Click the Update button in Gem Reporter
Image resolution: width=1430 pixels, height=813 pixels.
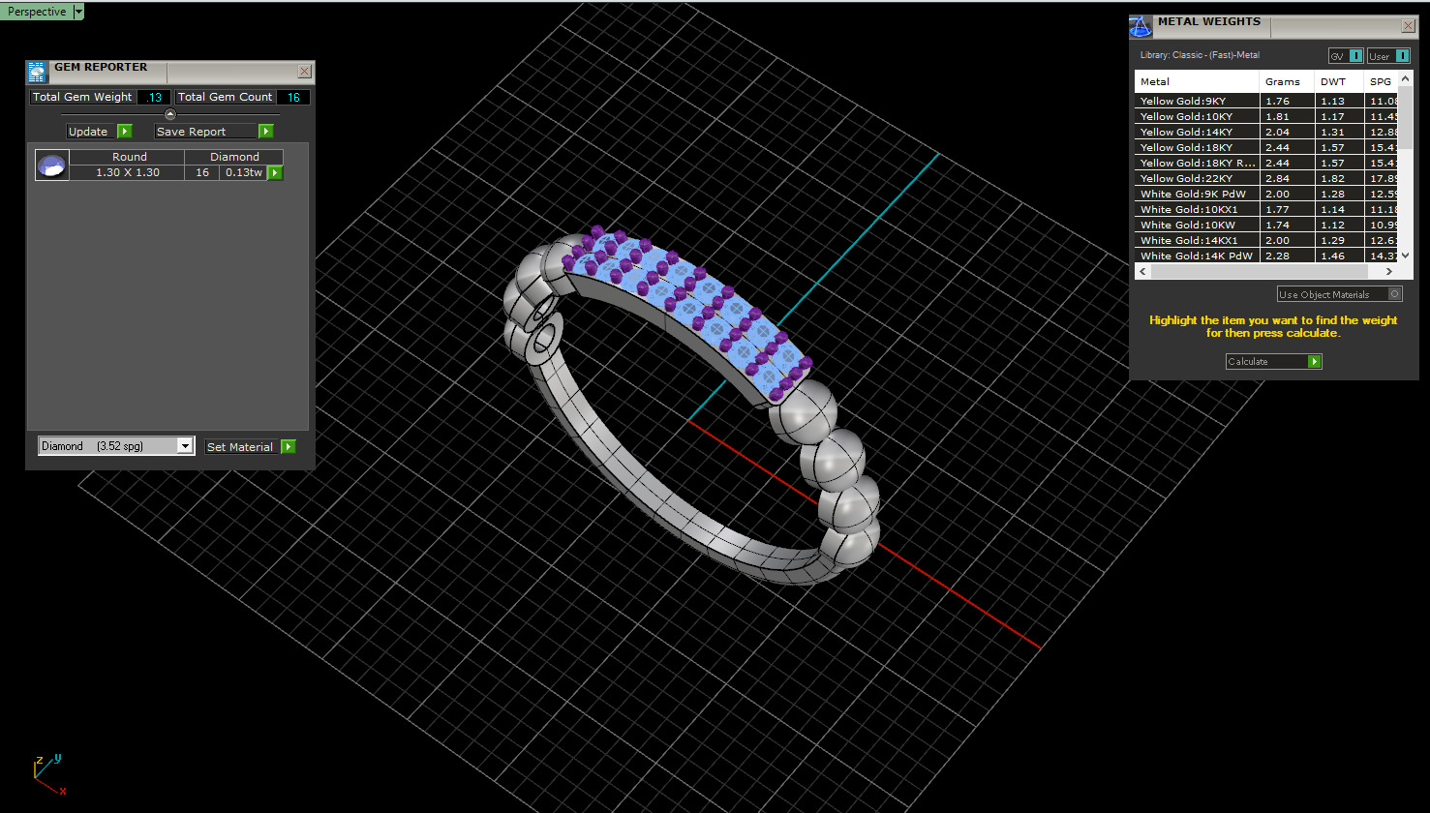[98, 132]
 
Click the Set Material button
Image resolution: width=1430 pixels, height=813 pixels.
[250, 447]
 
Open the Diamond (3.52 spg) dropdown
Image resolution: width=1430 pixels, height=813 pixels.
[185, 446]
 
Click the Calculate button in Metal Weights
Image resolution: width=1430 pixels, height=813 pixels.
[1273, 361]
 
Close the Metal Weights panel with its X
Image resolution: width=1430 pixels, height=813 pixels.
[1408, 26]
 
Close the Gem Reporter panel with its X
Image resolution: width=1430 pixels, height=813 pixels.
[304, 72]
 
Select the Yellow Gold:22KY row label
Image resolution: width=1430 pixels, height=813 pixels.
[1186, 178]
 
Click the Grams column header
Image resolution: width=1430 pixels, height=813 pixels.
[1283, 81]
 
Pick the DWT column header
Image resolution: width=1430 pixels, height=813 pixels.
[1333, 81]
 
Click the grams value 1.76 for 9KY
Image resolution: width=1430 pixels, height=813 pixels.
[1278, 101]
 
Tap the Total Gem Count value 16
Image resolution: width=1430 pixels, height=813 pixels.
[293, 97]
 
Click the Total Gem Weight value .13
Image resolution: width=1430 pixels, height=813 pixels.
[155, 97]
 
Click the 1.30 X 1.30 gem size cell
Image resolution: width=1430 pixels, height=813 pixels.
[128, 172]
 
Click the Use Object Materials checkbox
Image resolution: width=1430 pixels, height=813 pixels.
[1395, 294]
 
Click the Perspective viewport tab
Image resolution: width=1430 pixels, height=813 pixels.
[37, 12]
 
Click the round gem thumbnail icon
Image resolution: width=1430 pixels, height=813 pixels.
[51, 166]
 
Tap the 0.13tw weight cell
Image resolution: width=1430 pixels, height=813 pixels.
[243, 172]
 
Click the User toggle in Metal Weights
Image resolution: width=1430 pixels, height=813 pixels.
[1388, 56]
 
